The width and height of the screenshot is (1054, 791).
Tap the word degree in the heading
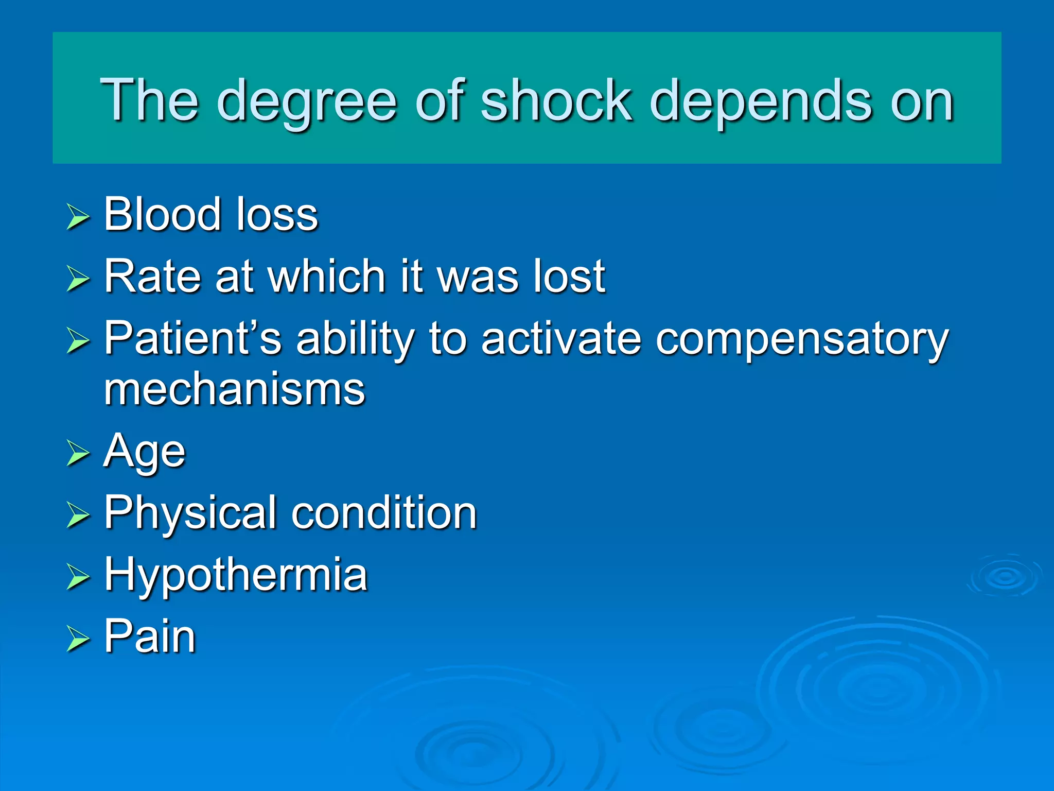point(309,103)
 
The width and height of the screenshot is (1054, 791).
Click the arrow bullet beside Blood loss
point(78,217)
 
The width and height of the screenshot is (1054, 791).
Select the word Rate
point(152,277)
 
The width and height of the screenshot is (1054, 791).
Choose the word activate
point(561,338)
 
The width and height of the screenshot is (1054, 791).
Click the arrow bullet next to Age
point(78,453)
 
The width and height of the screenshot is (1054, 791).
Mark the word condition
point(384,513)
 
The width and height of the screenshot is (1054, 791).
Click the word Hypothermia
point(236,576)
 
